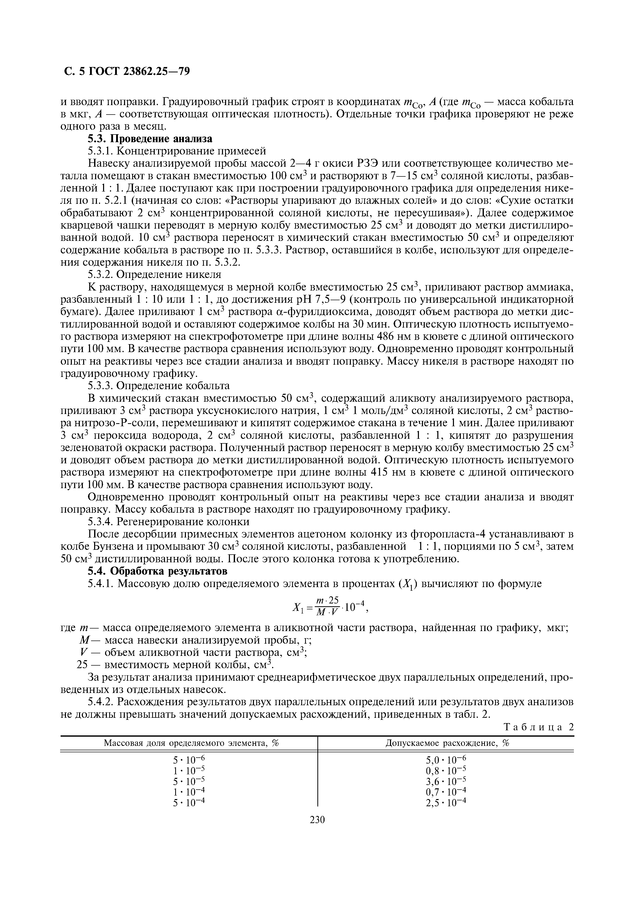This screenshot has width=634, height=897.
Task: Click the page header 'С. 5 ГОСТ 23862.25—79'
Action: pos(127,72)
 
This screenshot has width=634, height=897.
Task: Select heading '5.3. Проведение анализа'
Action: pos(150,139)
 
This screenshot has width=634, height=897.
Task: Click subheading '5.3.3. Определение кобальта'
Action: pos(158,386)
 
